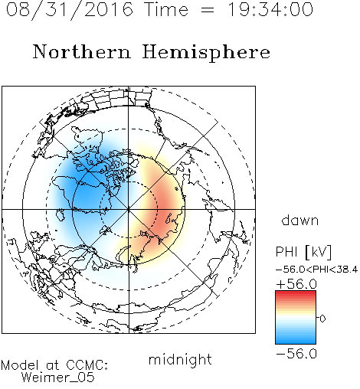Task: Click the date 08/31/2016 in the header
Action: pos(70,10)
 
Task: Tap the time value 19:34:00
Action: pos(270,9)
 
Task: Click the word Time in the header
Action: pos(166,9)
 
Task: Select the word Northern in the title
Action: pos(82,51)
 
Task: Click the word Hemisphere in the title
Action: pos(206,53)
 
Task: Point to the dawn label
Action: pos(300,220)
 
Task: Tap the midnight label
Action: pos(180,360)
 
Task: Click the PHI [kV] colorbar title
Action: pos(303,252)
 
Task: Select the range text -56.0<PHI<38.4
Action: pos(317,270)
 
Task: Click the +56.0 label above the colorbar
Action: pos(296,284)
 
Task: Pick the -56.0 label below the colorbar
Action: pos(296,354)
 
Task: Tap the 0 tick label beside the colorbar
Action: pos(322,319)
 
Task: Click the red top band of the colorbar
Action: pos(296,294)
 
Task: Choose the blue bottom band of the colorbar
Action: pos(296,341)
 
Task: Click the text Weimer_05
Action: pos(58,378)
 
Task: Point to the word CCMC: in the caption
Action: pos(87,365)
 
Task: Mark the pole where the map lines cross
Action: pos(129,209)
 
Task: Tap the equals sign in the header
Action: pos(208,10)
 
